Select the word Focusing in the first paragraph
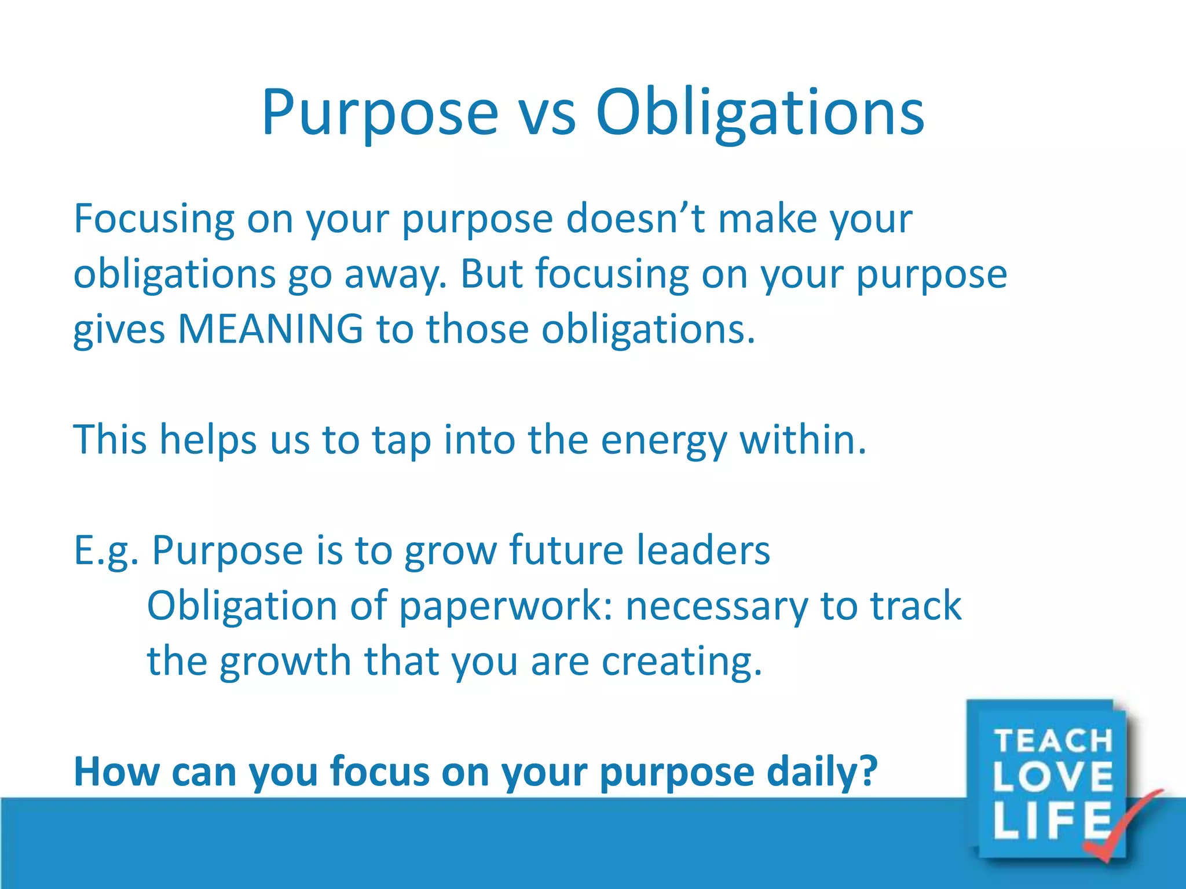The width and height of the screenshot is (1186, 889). pos(154,220)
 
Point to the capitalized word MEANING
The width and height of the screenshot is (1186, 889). pos(270,329)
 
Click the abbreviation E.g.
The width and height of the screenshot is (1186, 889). pos(106,551)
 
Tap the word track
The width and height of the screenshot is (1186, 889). pos(916,605)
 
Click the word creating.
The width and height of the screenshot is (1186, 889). pos(681,661)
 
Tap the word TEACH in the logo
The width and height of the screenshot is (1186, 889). pos(1053,741)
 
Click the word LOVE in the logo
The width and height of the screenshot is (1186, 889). pos(1053,777)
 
